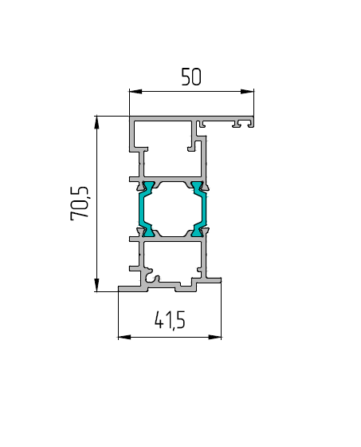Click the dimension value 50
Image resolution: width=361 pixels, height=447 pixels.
click(x=191, y=77)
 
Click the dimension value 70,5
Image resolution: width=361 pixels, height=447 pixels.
click(x=80, y=204)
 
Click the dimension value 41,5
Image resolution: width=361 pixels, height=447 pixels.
click(x=170, y=320)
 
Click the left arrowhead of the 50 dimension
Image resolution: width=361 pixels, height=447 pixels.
click(x=135, y=92)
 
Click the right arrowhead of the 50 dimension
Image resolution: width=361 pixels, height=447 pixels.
click(x=247, y=92)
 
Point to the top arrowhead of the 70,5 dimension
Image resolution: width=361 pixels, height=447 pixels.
click(x=96, y=122)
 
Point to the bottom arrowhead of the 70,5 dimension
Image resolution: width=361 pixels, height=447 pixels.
click(x=96, y=285)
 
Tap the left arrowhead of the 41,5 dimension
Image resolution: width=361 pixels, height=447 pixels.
click(x=124, y=337)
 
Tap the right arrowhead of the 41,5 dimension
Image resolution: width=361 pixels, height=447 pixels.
click(x=215, y=337)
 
